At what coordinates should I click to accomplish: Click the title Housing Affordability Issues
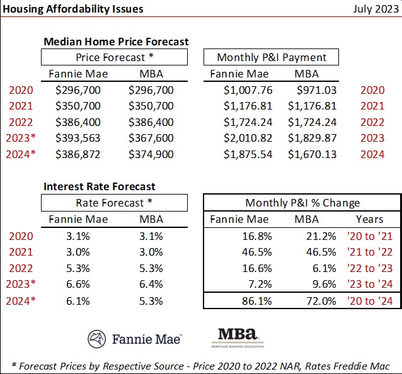(x=72, y=9)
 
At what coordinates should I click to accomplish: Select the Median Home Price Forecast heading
(x=116, y=42)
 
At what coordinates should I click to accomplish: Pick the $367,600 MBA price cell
(x=151, y=138)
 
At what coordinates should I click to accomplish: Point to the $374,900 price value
(x=151, y=154)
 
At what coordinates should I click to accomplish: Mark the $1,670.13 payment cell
(x=313, y=154)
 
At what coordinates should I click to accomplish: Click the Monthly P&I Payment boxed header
(x=272, y=57)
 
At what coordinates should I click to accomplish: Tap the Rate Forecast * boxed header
(x=114, y=203)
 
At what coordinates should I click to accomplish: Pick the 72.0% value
(x=306, y=301)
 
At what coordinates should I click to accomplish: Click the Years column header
(x=369, y=219)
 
